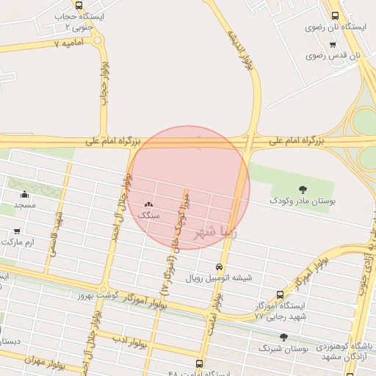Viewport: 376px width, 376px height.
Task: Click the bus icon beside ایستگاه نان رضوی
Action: pos(336,15)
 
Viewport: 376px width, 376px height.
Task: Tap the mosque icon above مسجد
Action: pos(25,195)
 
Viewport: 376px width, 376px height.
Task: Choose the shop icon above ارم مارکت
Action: pos(17,231)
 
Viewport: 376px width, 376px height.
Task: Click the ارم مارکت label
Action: pos(18,242)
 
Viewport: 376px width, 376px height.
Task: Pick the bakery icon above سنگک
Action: pos(149,205)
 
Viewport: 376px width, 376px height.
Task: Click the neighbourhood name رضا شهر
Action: pos(216,232)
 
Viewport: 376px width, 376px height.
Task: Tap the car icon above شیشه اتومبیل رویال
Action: pos(220,267)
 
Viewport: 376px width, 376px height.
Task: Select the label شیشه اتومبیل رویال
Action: pos(218,278)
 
